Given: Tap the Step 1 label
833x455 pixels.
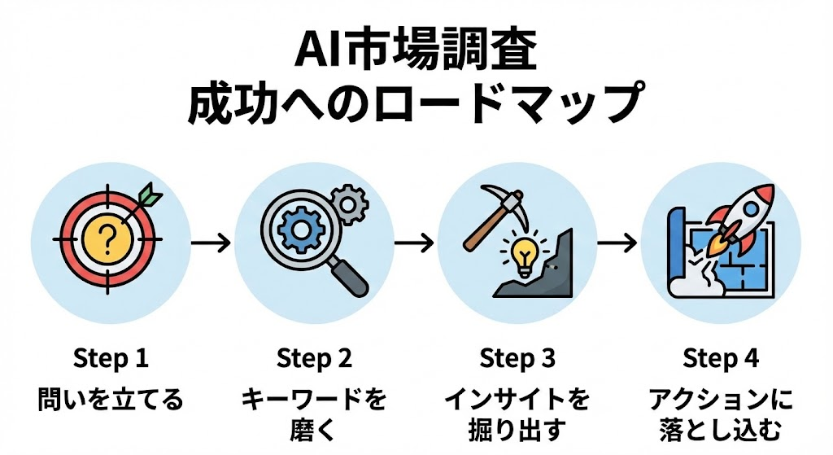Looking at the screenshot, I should (x=111, y=358).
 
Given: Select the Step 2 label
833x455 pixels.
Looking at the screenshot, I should (x=314, y=358).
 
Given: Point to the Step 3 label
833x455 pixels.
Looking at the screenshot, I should (x=517, y=358).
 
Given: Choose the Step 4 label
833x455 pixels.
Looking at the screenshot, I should (x=720, y=358).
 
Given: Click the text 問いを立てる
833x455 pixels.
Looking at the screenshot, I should (x=111, y=400).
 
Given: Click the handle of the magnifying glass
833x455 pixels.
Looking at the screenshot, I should (x=349, y=276).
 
